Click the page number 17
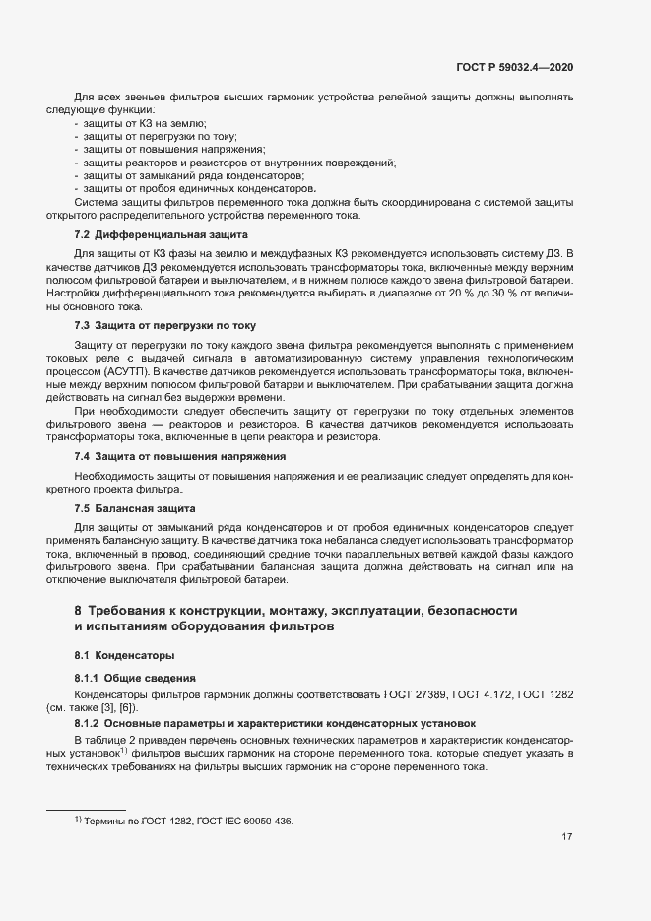click(x=567, y=837)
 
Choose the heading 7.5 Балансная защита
click(x=135, y=508)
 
